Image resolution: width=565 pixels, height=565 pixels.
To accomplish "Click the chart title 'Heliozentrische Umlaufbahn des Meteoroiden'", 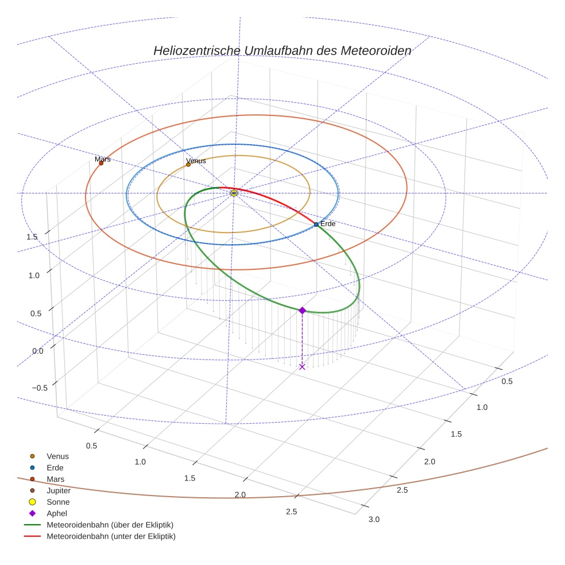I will tap(282, 51).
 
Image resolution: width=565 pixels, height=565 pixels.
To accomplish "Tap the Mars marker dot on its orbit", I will tap(101, 163).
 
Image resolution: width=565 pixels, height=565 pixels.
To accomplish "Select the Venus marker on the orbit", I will tap(188, 165).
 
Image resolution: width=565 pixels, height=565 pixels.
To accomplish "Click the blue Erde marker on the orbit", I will tap(316, 225).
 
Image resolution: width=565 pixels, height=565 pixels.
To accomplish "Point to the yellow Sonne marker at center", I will tap(234, 194).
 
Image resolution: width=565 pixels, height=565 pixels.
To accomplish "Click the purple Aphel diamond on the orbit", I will tap(302, 311).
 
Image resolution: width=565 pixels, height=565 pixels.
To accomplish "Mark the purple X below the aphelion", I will tap(302, 366).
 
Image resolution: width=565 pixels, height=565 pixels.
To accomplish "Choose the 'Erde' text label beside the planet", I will tap(328, 223).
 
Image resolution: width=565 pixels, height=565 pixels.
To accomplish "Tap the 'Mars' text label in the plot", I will tap(103, 159).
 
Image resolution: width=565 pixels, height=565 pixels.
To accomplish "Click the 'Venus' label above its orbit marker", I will tap(196, 161).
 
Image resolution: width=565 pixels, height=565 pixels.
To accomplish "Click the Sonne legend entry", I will tap(58, 502).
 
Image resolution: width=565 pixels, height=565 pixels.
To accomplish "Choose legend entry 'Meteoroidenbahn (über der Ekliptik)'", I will tap(110, 525).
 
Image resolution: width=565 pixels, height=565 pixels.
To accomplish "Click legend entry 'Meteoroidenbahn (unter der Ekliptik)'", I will tap(111, 536).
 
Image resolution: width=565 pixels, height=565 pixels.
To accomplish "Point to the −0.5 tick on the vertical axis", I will tap(39, 388).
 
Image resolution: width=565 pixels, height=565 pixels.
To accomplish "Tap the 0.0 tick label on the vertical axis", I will tap(37, 351).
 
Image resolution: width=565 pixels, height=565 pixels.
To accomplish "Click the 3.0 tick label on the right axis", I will tap(374, 519).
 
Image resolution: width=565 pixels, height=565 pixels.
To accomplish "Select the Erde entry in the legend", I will tap(55, 467).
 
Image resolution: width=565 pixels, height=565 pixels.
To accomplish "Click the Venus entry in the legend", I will tap(57, 456).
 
